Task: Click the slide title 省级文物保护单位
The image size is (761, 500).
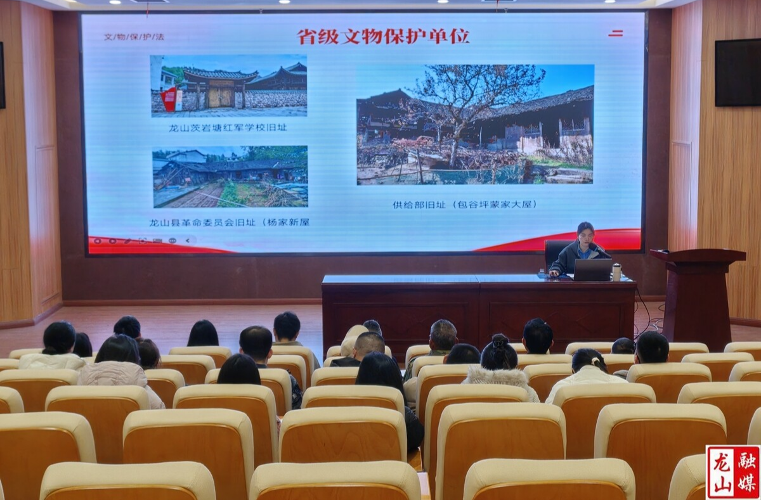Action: pyautogui.click(x=384, y=36)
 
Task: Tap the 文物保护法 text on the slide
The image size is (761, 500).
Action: pyautogui.click(x=134, y=37)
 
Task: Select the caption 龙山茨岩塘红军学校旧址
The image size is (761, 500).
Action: pyautogui.click(x=228, y=127)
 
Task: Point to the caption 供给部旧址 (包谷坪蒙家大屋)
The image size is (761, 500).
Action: pyautogui.click(x=465, y=204)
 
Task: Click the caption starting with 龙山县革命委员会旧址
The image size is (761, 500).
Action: pyautogui.click(x=230, y=222)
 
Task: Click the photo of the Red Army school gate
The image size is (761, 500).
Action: pyautogui.click(x=229, y=86)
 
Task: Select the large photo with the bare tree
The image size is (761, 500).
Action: pyautogui.click(x=475, y=124)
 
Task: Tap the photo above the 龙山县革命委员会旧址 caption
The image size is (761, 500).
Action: pyautogui.click(x=230, y=177)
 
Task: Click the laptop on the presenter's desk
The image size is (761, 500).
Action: pyautogui.click(x=592, y=269)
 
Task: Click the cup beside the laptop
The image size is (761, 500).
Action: pyautogui.click(x=616, y=272)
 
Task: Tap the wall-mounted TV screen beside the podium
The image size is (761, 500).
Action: pyautogui.click(x=738, y=72)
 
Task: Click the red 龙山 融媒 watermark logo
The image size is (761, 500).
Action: pyautogui.click(x=732, y=471)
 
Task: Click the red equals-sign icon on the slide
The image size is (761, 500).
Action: pyautogui.click(x=615, y=33)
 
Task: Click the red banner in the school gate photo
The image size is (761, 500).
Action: pyautogui.click(x=169, y=99)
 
